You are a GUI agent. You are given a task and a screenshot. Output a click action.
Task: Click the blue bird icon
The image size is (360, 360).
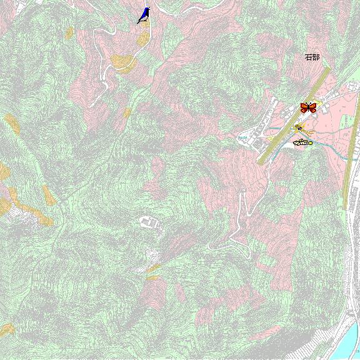(x=144, y=15)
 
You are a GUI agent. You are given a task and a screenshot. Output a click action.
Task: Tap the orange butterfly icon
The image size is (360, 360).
(x=308, y=107)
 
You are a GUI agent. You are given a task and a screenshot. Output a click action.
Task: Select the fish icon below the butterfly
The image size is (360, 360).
(x=302, y=142)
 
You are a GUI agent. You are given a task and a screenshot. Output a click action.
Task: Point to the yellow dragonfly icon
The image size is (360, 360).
(x=302, y=129)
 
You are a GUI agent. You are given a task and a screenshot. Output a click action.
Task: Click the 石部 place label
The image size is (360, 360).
(x=312, y=57)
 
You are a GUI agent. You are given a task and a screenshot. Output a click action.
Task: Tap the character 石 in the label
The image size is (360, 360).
(x=308, y=57)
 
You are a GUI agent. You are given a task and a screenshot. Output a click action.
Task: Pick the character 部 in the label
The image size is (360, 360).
(x=316, y=57)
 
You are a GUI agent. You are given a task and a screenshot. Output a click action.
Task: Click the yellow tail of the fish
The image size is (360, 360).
(x=310, y=142)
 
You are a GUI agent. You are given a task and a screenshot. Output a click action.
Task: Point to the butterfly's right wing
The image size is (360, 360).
(x=312, y=107)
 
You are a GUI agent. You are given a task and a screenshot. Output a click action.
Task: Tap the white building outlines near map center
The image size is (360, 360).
(x=149, y=221)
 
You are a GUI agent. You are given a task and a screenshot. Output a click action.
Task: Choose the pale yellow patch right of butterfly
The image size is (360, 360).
(x=320, y=105)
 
